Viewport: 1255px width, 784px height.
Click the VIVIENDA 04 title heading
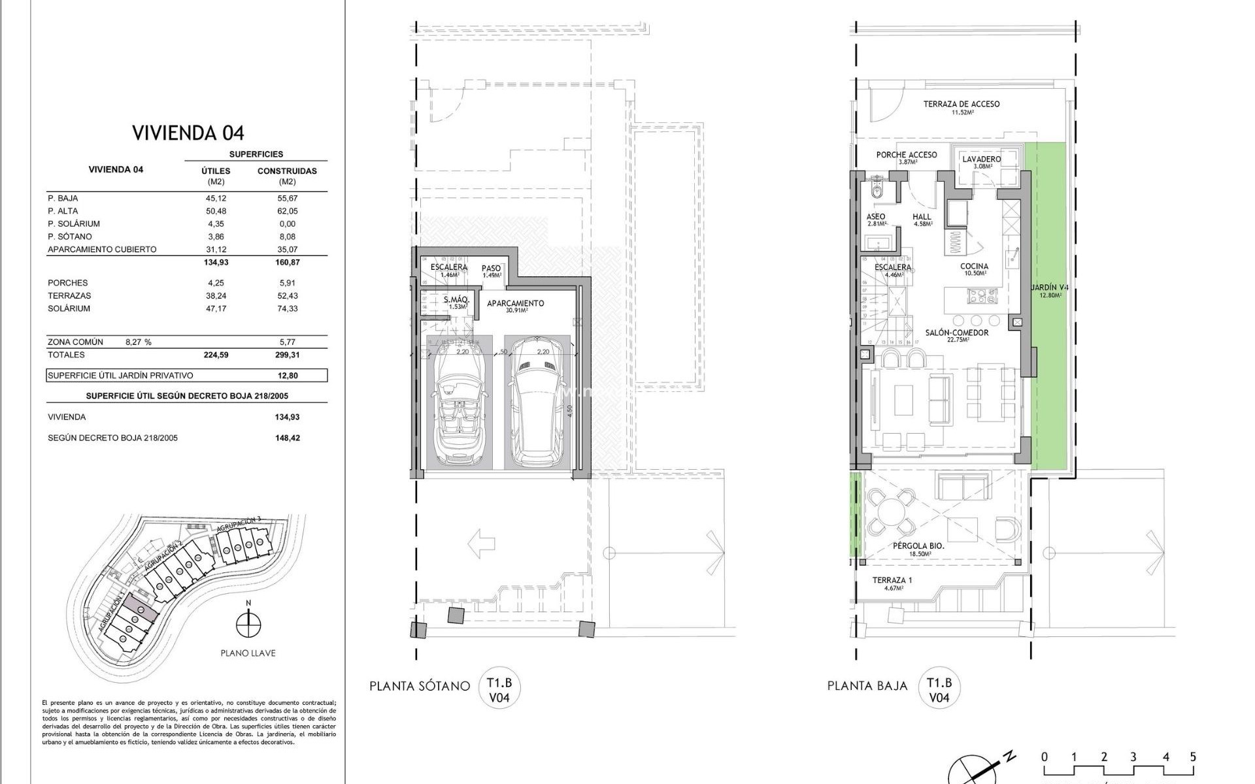point(188,133)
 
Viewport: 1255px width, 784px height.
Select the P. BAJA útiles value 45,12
point(216,198)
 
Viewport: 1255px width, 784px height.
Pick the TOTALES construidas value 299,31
point(287,355)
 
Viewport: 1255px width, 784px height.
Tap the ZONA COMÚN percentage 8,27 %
point(138,342)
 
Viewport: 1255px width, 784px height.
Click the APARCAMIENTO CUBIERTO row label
point(102,249)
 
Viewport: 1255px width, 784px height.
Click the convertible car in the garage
point(458,408)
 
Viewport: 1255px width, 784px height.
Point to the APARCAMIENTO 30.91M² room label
point(515,306)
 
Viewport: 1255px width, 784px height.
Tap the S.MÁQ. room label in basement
point(455,302)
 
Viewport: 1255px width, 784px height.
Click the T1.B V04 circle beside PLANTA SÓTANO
point(499,690)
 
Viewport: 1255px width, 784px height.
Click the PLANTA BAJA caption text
point(867,686)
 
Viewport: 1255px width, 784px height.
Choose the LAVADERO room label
point(981,161)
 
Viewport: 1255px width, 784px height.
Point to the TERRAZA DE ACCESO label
point(961,106)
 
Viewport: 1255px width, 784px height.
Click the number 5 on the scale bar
point(1193,757)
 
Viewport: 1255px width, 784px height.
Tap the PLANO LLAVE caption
point(248,653)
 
